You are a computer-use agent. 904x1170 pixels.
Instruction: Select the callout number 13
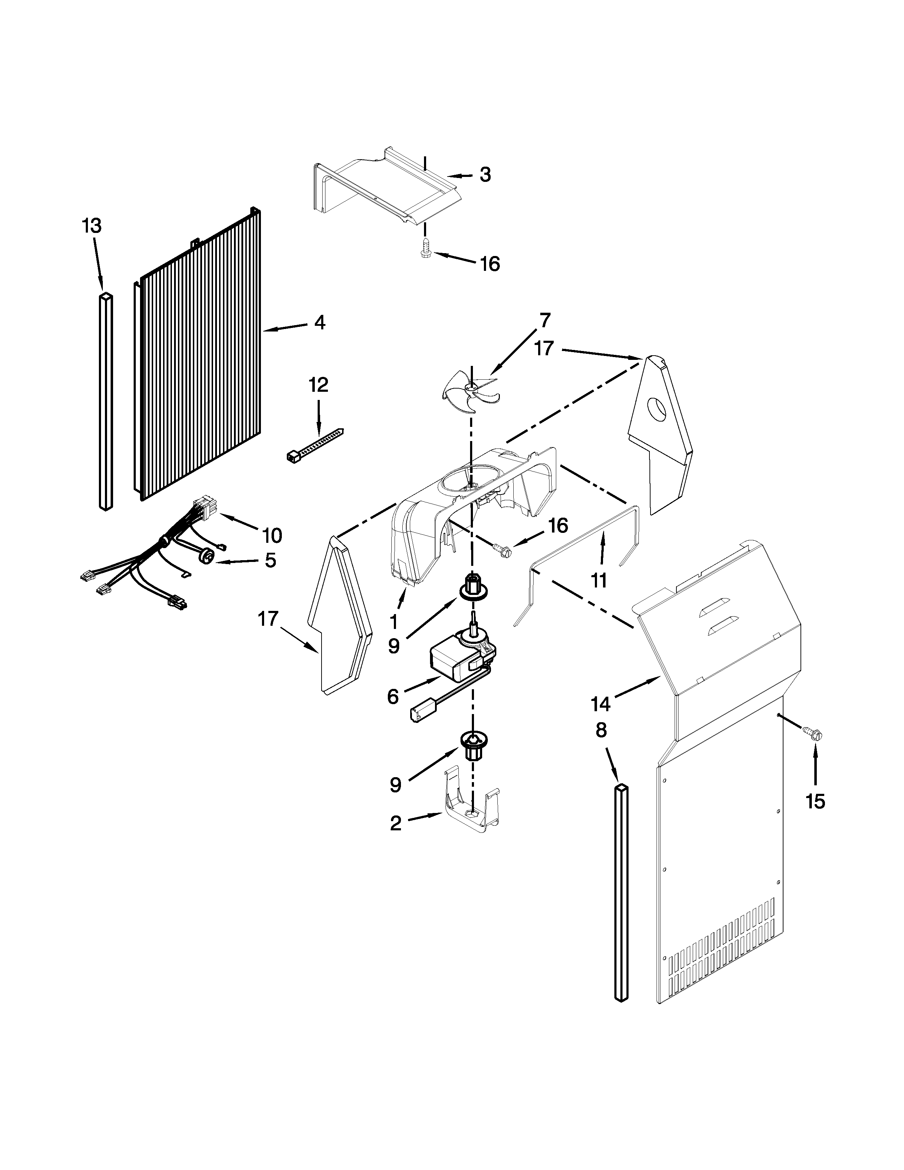tap(91, 226)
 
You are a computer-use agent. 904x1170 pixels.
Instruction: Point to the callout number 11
tap(599, 580)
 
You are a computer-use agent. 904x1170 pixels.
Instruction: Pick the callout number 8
tap(601, 730)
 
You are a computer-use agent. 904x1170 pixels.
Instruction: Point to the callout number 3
tap(485, 175)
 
